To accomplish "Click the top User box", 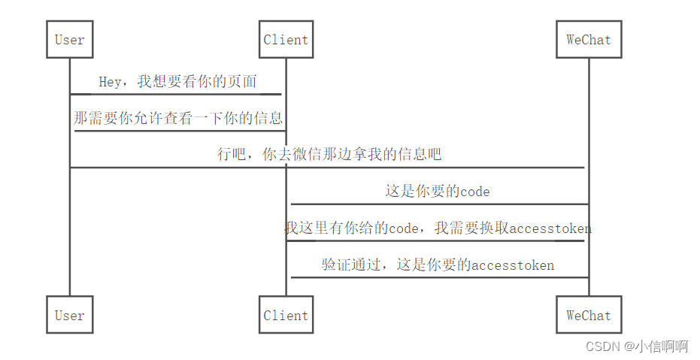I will pos(70,40).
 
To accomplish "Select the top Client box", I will pos(286,40).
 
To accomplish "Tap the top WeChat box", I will pos(589,40).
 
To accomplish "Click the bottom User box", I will pos(70,315).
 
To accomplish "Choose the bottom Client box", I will pos(286,315).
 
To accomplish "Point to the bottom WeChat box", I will pos(589,315).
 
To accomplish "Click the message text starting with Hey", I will pos(177,82).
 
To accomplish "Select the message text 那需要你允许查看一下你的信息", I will pos(178,118).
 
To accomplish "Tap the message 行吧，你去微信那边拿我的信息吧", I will pos(329,155).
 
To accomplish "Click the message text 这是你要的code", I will pos(438,191).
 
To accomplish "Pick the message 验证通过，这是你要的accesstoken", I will pos(438,265).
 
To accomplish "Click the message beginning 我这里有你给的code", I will pos(438,228).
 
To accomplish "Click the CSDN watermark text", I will pos(636,346).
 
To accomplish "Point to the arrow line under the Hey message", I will pos(176,94).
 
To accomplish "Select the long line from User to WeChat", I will pos(328,168).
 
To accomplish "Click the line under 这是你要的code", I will pos(439,204).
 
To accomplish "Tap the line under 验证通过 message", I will pos(439,277).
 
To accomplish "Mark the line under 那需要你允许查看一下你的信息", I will pos(179,131).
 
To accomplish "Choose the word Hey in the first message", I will pos(111,82).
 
